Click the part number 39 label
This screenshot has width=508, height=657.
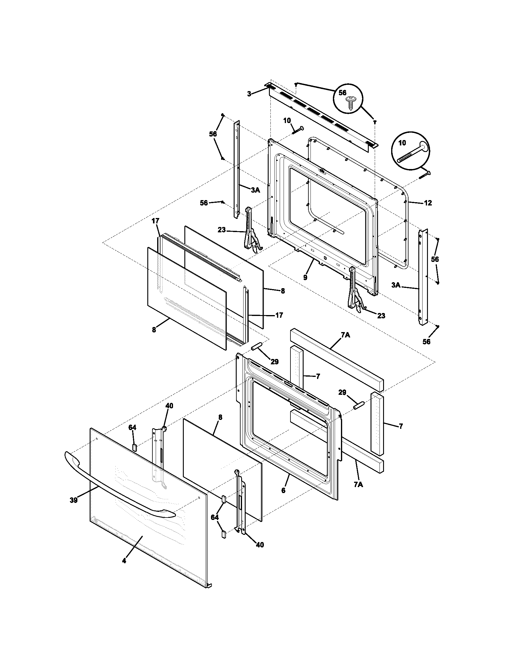(x=74, y=500)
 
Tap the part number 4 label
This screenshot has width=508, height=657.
(x=124, y=561)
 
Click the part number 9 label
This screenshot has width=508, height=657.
(x=305, y=277)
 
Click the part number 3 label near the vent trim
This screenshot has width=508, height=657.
(x=249, y=94)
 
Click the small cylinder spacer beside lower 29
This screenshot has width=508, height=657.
(x=359, y=405)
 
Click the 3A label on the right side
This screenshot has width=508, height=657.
(x=396, y=285)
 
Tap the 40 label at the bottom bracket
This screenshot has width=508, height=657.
(x=259, y=545)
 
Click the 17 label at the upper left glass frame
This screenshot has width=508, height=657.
(x=155, y=221)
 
